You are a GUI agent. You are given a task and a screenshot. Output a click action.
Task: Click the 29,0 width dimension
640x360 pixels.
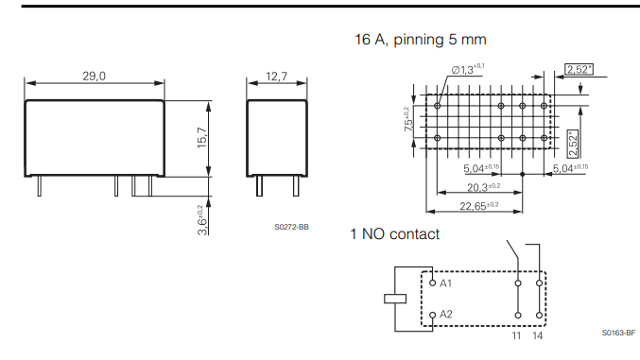[x=94, y=76]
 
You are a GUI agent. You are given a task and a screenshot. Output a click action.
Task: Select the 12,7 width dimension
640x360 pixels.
[x=277, y=76]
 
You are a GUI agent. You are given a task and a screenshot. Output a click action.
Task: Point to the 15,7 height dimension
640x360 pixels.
[x=200, y=137]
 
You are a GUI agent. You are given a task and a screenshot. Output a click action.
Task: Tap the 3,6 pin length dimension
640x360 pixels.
[x=200, y=219]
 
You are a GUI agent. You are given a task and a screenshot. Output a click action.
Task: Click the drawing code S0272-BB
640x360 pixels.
[x=291, y=227]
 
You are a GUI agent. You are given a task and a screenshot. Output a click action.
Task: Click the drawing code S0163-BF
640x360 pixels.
[x=618, y=333]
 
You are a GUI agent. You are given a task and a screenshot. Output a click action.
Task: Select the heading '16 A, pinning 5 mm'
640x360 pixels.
[x=418, y=40]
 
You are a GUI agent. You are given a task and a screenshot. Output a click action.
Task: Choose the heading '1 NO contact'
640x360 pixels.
[x=394, y=233]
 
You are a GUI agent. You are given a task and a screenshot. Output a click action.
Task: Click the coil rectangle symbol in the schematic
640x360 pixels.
[x=395, y=299]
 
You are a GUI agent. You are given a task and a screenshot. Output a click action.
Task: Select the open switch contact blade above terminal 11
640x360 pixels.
[x=513, y=256]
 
